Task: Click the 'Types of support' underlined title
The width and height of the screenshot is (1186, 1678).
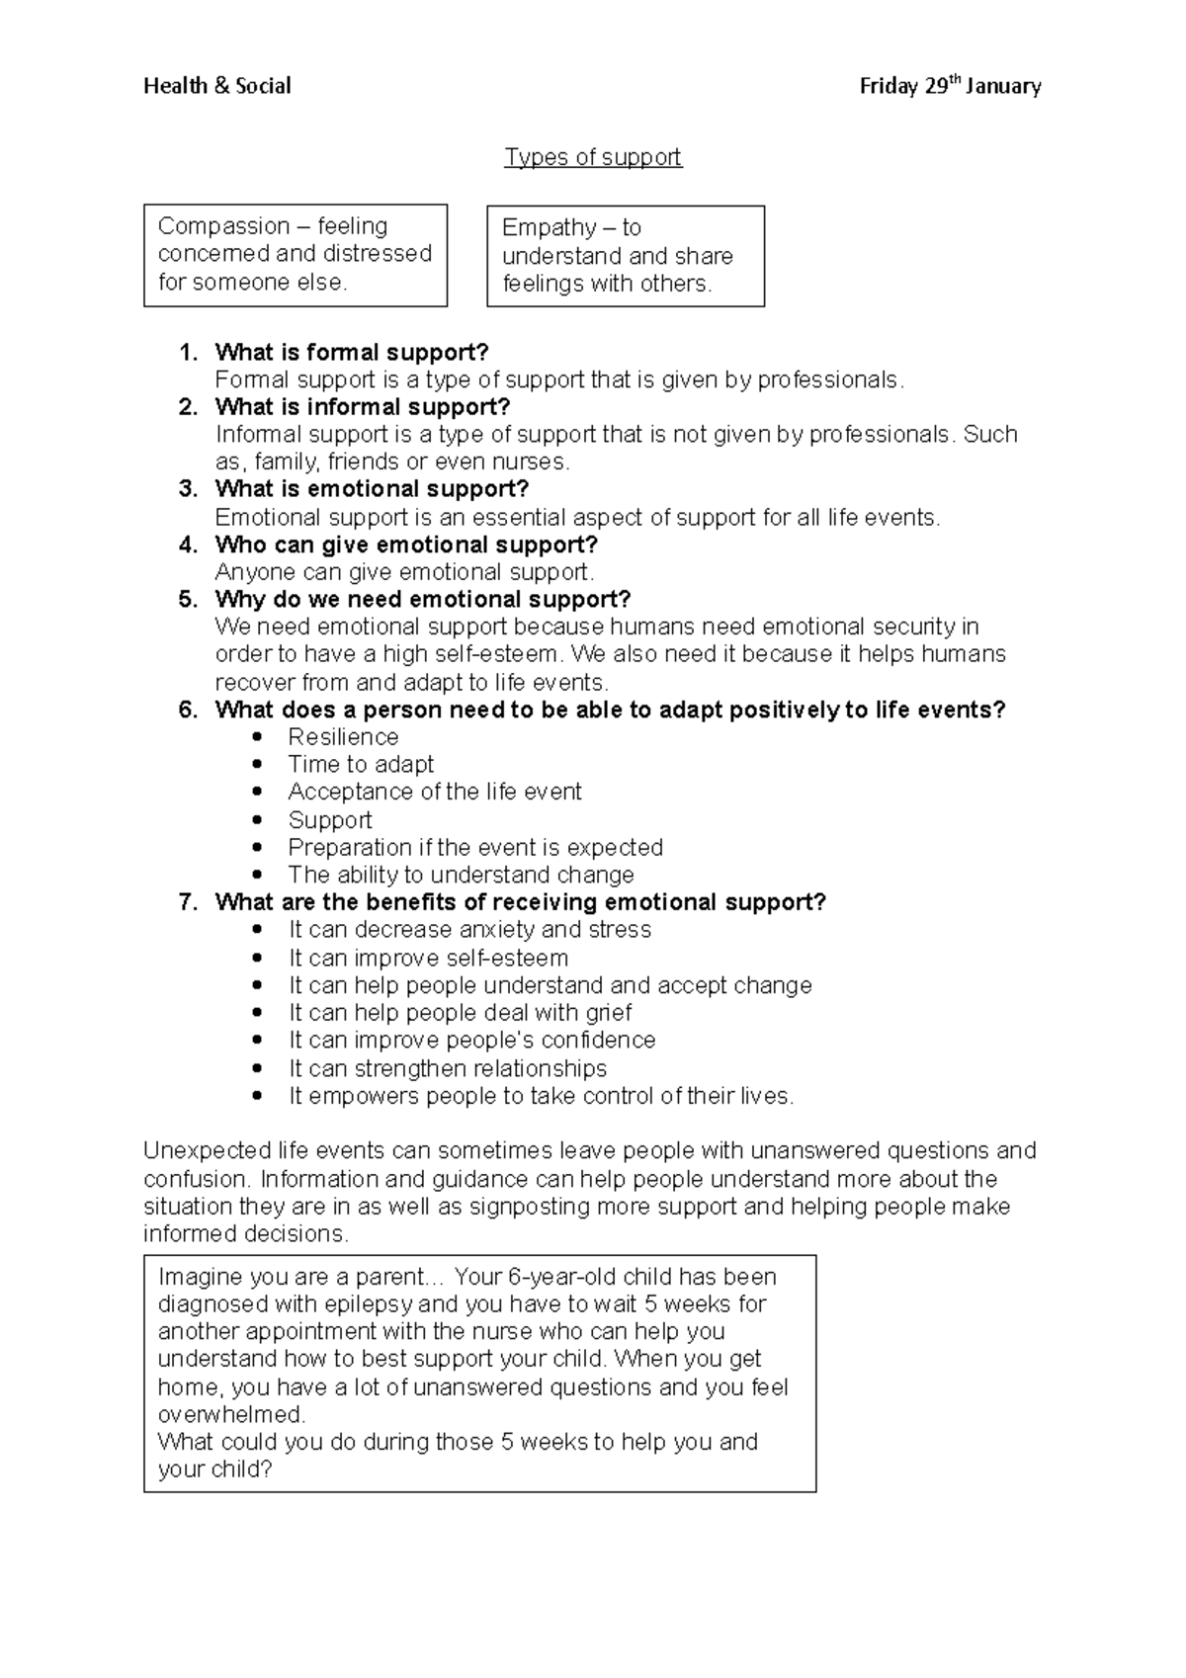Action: point(593,157)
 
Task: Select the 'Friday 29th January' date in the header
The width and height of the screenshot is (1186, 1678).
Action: point(950,87)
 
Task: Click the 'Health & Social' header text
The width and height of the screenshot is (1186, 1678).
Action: point(217,87)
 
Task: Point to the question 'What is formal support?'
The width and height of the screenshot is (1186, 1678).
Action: point(352,353)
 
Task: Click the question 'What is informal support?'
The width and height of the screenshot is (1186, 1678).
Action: point(362,407)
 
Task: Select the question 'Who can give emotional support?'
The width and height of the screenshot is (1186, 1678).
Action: point(406,545)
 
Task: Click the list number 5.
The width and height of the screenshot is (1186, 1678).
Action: point(188,600)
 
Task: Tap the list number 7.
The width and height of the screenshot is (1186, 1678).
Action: point(188,902)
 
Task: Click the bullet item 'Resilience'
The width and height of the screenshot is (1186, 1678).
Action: point(343,737)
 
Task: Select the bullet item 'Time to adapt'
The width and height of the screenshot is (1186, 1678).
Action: point(361,765)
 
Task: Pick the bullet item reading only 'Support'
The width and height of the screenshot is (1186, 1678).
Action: point(330,820)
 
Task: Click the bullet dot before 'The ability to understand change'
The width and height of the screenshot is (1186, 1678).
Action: point(259,876)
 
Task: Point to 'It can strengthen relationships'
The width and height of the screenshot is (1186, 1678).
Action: point(448,1068)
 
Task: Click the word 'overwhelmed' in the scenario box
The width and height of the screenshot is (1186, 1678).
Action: point(230,1414)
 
